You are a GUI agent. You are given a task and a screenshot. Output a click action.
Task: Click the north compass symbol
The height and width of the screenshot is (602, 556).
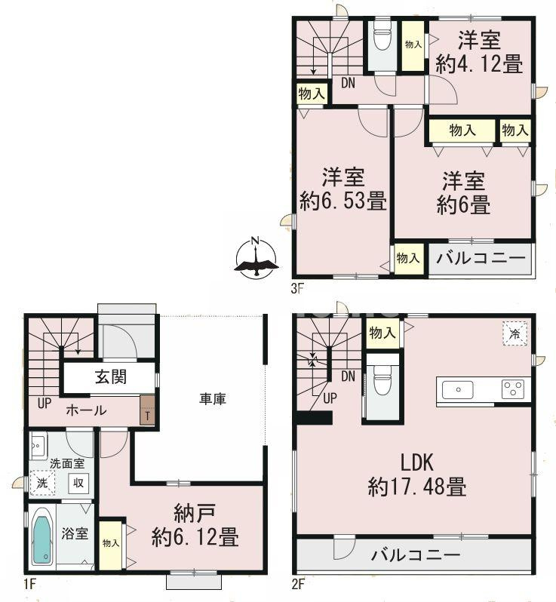[256, 259]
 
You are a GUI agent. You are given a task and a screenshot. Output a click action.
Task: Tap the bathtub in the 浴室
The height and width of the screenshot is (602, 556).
[43, 537]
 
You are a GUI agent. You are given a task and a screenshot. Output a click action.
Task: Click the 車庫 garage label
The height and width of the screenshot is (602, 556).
[213, 398]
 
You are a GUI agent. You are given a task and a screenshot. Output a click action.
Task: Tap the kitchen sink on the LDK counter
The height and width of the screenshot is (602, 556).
[458, 389]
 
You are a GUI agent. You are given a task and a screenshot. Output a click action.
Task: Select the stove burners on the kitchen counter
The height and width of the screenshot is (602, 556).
[514, 389]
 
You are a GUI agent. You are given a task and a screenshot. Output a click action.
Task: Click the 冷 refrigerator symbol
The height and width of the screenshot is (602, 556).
[515, 334]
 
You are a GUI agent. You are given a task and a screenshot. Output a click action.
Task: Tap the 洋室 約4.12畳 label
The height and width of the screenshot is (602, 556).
[479, 52]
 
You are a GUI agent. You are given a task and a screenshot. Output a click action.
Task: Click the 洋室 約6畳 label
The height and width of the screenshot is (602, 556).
[462, 192]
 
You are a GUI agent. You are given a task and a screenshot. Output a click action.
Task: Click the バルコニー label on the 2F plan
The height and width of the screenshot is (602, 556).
[415, 556]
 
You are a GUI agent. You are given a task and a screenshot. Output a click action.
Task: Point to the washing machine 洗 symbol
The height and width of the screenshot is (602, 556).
[38, 483]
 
